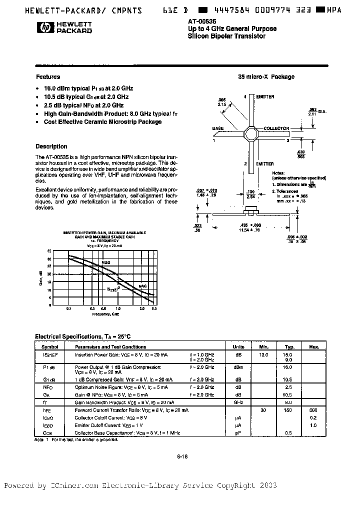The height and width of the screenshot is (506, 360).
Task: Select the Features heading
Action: [48, 77]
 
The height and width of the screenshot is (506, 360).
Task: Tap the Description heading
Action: [51, 146]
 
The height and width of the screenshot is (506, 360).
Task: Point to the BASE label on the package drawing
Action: [218, 128]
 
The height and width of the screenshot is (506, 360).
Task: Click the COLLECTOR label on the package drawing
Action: [276, 128]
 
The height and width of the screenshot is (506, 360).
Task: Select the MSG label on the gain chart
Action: [105, 262]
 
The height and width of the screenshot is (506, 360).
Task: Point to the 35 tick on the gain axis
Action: [49, 251]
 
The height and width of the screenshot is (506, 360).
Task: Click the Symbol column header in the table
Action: [49, 346]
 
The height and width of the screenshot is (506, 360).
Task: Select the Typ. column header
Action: [288, 346]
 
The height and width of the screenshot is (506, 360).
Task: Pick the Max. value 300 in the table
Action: [313, 410]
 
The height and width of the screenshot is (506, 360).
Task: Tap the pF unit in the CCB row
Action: [238, 432]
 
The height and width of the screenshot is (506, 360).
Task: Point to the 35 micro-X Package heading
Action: [265, 77]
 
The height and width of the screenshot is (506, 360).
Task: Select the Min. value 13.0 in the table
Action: [264, 354]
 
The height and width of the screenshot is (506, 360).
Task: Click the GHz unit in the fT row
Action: [238, 402]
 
